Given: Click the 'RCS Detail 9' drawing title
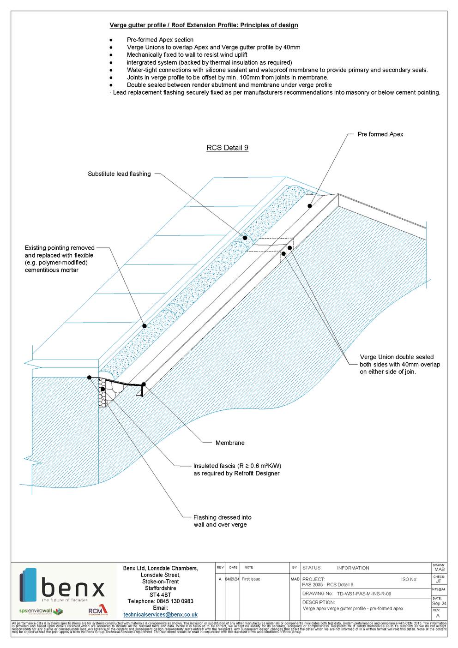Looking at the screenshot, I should (x=227, y=148).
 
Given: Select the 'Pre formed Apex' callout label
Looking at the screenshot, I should (x=380, y=134).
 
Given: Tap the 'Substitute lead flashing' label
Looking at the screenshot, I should (x=119, y=174).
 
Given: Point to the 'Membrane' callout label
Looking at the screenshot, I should (x=230, y=443).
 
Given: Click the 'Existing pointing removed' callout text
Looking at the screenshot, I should (x=59, y=259).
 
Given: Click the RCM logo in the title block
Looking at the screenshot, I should (x=97, y=611).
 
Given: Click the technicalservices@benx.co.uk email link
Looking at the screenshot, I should (x=160, y=615).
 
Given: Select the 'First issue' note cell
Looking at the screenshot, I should (x=251, y=579).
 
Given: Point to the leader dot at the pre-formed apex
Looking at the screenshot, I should (x=310, y=206).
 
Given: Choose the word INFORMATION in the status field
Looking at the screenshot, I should (x=353, y=568).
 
